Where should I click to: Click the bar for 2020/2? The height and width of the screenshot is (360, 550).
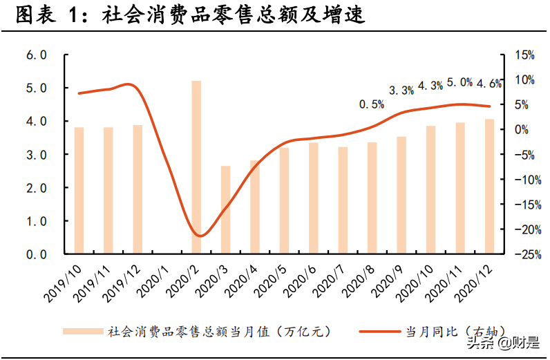point(196,167)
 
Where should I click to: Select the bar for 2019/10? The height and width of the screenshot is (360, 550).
point(79,191)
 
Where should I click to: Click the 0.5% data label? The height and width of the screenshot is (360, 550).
point(371,105)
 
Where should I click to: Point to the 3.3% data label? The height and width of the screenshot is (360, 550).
point(401,90)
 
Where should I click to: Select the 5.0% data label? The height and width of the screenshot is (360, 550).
point(460,83)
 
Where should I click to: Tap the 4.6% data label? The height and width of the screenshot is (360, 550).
point(489,84)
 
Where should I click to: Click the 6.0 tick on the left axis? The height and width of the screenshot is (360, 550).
point(35,55)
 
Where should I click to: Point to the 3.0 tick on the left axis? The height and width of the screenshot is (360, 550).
point(35,155)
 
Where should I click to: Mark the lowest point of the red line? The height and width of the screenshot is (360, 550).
point(199,236)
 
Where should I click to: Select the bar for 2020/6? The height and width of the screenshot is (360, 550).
point(313,198)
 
